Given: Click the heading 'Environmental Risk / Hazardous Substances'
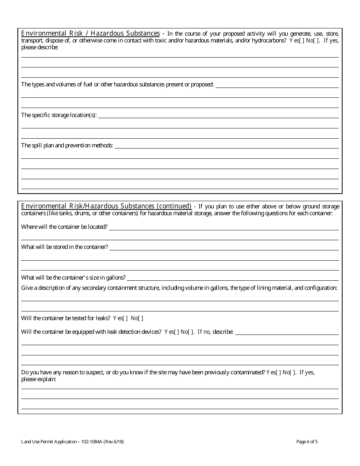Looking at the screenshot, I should click(90, 33).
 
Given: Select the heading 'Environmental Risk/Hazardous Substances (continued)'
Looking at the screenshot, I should click(106, 206).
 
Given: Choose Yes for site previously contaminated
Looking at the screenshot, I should click(279, 372).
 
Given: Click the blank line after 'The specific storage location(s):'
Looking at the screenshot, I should click(218, 115).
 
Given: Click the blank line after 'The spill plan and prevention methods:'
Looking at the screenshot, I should click(226, 145).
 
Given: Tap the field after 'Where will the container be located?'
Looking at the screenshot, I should click(224, 227).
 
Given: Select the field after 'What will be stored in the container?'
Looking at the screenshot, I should click(224, 247).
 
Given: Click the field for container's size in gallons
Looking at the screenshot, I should click(233, 278).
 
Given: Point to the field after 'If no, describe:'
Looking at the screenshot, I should click(287, 332).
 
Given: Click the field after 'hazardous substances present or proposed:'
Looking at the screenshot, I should click(277, 85).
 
